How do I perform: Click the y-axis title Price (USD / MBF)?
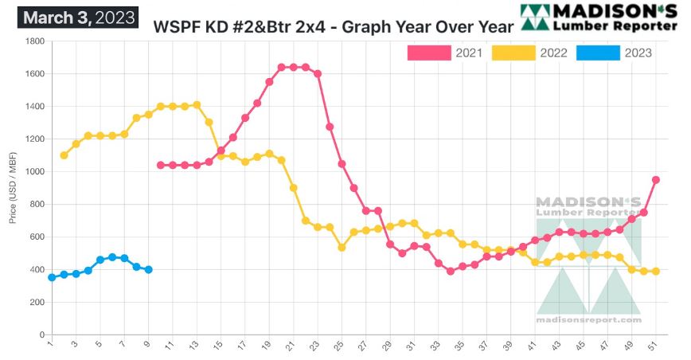point(14,189)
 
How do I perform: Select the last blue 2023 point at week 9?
point(148,270)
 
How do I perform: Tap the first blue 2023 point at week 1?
point(52,277)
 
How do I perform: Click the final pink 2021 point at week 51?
point(656,180)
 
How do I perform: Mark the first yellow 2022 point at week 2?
point(64,155)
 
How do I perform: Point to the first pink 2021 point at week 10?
point(161,165)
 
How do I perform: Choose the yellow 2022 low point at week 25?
point(342,247)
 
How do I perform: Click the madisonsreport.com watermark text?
point(589,320)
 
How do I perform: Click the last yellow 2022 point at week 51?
point(656,272)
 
